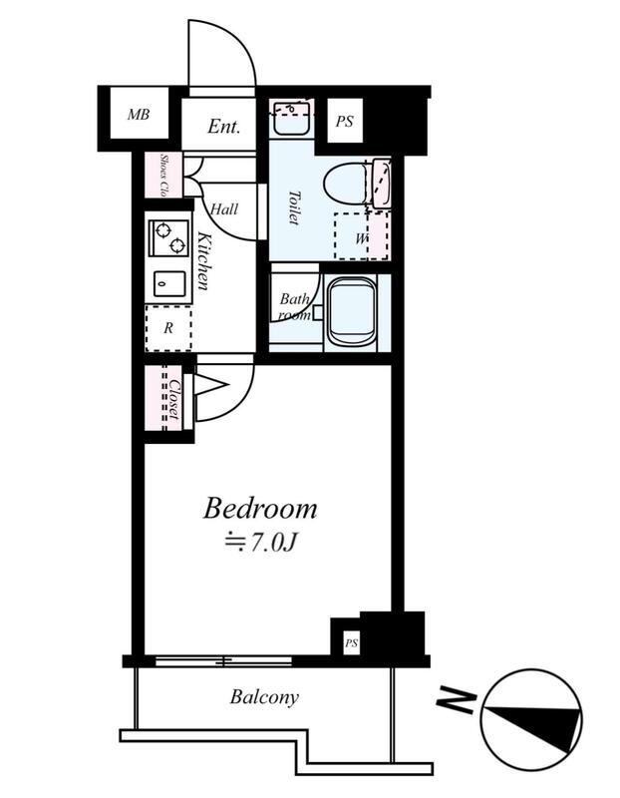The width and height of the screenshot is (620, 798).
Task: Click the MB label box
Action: (x=139, y=114)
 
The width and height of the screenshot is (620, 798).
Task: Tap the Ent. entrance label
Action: (x=223, y=126)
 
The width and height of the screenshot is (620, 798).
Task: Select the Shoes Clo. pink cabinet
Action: (x=162, y=176)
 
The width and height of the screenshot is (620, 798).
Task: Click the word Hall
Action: (x=224, y=208)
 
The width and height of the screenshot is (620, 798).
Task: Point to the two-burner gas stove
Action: (x=169, y=237)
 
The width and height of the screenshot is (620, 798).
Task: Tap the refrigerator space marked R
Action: (x=168, y=328)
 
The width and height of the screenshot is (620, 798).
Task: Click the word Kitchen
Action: (x=203, y=260)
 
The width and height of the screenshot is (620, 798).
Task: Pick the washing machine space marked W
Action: (x=361, y=235)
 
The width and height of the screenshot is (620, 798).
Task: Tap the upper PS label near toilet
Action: (x=344, y=122)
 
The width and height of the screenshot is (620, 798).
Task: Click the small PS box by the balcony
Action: (x=351, y=642)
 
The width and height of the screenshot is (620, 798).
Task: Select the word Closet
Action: (x=174, y=400)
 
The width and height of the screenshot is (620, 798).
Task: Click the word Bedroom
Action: (x=260, y=509)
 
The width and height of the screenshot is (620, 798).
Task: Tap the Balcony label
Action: (x=264, y=696)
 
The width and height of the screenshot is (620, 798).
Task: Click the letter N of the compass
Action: (x=457, y=701)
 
